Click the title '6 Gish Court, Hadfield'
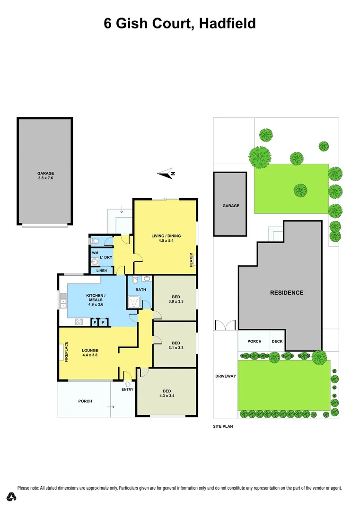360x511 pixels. coord(180,23)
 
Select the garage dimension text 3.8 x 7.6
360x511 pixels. coord(45,178)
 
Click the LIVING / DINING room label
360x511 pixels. coord(166,236)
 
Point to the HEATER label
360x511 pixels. coord(191,260)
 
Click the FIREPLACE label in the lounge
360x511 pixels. coord(66,352)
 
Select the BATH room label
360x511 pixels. coord(140,289)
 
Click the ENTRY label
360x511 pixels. coord(128,389)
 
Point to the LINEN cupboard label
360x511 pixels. coord(102,271)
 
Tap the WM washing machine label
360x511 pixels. coord(95,253)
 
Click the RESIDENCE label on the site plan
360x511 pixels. coord(287,292)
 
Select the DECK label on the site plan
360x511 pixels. coord(277,341)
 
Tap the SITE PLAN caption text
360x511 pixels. coord(223,426)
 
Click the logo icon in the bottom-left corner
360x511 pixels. coord(11,496)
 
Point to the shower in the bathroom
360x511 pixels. coord(134,300)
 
